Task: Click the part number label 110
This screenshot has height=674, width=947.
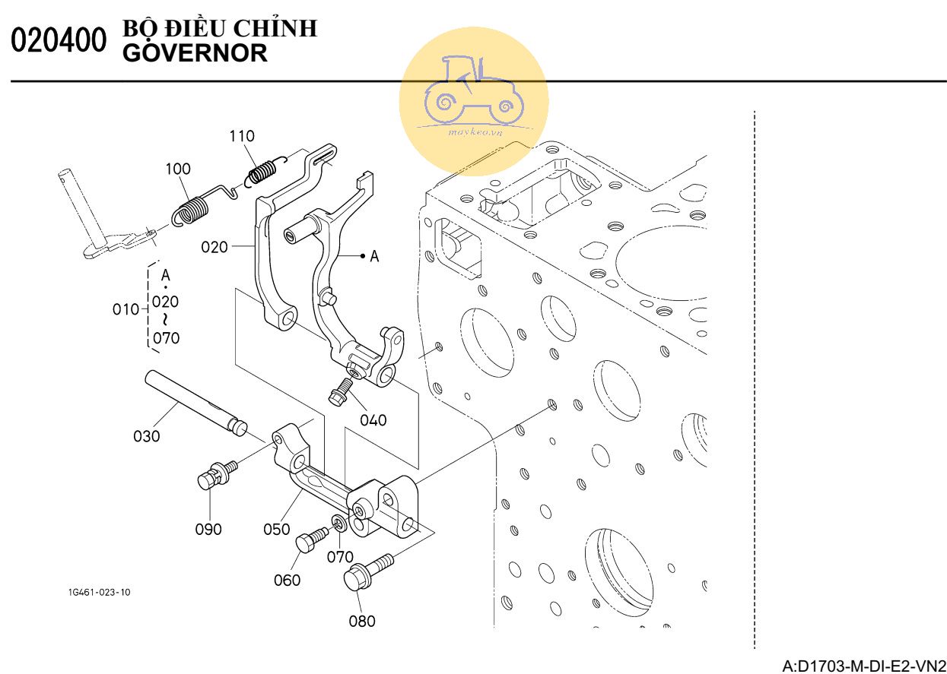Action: (243, 136)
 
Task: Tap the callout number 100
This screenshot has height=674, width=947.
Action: (179, 169)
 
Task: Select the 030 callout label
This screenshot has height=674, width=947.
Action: (147, 436)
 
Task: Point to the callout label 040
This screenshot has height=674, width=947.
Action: (373, 420)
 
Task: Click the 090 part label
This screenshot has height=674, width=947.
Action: (208, 529)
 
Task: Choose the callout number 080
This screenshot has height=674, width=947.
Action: (362, 621)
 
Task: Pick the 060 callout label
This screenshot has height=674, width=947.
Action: (288, 581)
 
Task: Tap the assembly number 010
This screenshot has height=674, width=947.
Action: (126, 309)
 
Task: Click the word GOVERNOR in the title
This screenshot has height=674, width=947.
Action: (194, 54)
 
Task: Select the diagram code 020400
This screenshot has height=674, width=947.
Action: (58, 42)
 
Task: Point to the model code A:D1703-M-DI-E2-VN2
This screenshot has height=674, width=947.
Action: (863, 666)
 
